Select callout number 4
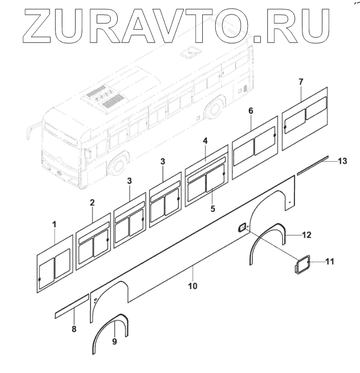[x=205, y=142]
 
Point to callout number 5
[x=213, y=208]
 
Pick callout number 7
[x=300, y=81]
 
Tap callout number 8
[x=74, y=329]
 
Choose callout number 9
[x=115, y=341]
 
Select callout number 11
[x=329, y=261]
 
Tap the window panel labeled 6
[x=255, y=145]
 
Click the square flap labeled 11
[x=302, y=265]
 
